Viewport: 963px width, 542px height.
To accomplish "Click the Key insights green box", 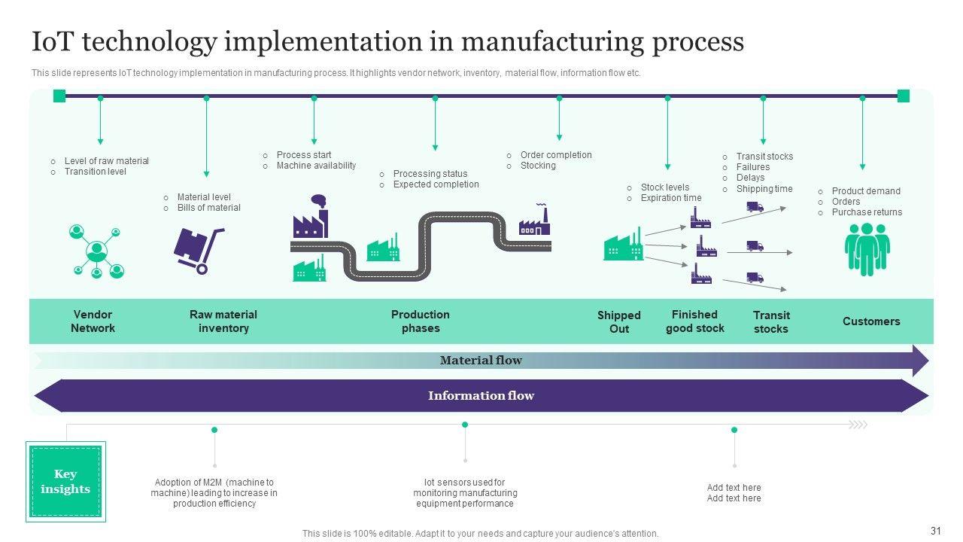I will (x=65, y=482).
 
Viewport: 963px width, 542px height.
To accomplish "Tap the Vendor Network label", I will (x=93, y=321).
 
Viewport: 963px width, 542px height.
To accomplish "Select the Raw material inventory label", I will (x=223, y=321).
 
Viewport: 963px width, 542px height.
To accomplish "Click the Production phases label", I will (x=420, y=321).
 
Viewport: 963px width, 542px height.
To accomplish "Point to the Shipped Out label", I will (x=618, y=322).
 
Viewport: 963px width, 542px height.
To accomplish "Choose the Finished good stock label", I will (x=694, y=321).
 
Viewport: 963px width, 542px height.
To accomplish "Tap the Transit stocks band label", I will (x=771, y=322).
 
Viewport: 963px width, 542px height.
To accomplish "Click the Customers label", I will (x=871, y=321).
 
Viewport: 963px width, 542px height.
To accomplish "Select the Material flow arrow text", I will (x=481, y=361).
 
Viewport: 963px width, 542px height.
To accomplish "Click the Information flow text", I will (x=481, y=396).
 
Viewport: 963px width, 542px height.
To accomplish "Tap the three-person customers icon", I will (x=867, y=249).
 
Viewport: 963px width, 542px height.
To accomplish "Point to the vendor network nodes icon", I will (x=96, y=251).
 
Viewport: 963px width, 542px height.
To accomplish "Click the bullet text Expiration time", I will (x=670, y=198).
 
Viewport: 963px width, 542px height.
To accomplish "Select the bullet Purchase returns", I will (x=866, y=212).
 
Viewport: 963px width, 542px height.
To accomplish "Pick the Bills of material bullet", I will (x=208, y=208).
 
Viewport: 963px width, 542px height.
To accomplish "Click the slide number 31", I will (x=936, y=531).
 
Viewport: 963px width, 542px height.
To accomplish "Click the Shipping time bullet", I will (x=764, y=189).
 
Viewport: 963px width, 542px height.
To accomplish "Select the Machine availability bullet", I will (x=316, y=166).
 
